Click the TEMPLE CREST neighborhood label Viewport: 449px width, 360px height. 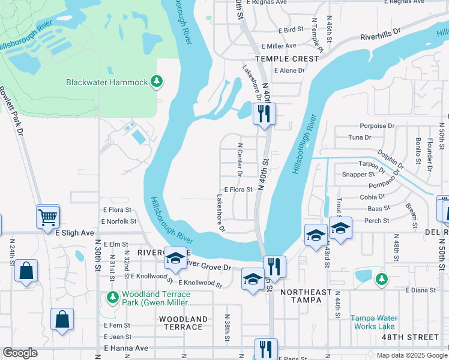[x=287, y=59]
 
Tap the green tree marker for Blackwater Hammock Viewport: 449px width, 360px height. [x=157, y=81]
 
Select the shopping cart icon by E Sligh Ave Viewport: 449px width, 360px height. [x=48, y=217]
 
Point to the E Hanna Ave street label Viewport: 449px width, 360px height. [x=125, y=348]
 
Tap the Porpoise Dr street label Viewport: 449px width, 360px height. [x=377, y=126]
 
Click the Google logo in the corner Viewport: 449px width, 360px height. [x=20, y=353]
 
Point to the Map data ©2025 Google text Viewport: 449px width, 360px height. [x=411, y=355]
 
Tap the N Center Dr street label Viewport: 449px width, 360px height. [x=240, y=160]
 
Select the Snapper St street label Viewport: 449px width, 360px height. [x=358, y=175]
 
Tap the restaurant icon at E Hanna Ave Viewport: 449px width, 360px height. [x=265, y=349]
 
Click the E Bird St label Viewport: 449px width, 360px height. [x=291, y=29]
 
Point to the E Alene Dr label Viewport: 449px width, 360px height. [x=289, y=70]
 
